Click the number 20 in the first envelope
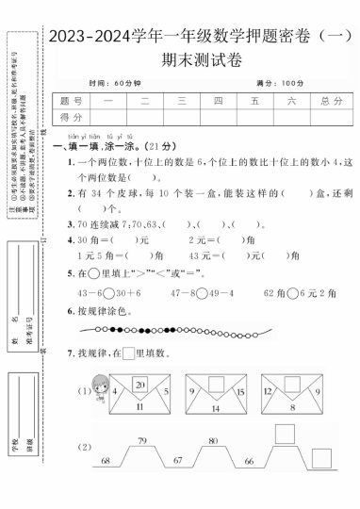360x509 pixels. pyautogui.click(x=139, y=385)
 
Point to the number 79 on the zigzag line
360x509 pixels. pyautogui.click(x=142, y=441)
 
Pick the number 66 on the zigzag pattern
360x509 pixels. pyautogui.click(x=248, y=462)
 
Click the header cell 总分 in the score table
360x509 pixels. pyautogui.click(x=331, y=101)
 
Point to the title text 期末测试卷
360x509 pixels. pyautogui.click(x=202, y=59)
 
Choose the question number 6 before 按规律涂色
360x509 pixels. pyautogui.click(x=71, y=311)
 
